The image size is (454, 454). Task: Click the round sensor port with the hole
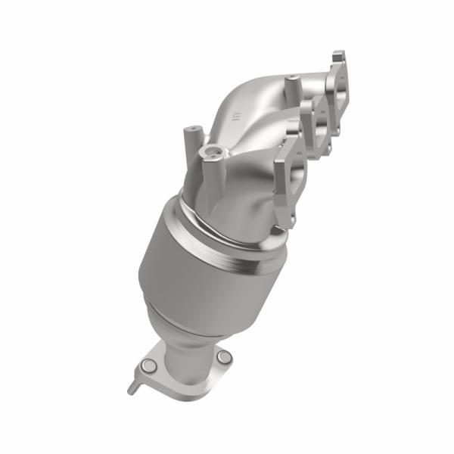210,156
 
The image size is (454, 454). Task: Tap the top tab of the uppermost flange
338,56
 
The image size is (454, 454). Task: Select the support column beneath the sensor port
208,185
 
